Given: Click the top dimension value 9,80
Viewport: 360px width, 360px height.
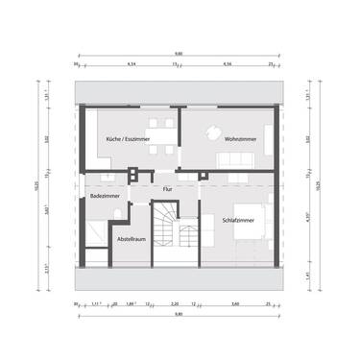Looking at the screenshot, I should tap(178, 55).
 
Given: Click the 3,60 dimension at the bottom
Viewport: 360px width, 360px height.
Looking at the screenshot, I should tap(235, 303).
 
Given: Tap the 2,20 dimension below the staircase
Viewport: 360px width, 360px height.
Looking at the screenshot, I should tap(175, 303).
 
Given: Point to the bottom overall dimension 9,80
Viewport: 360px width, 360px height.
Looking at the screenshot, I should tap(178, 316).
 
